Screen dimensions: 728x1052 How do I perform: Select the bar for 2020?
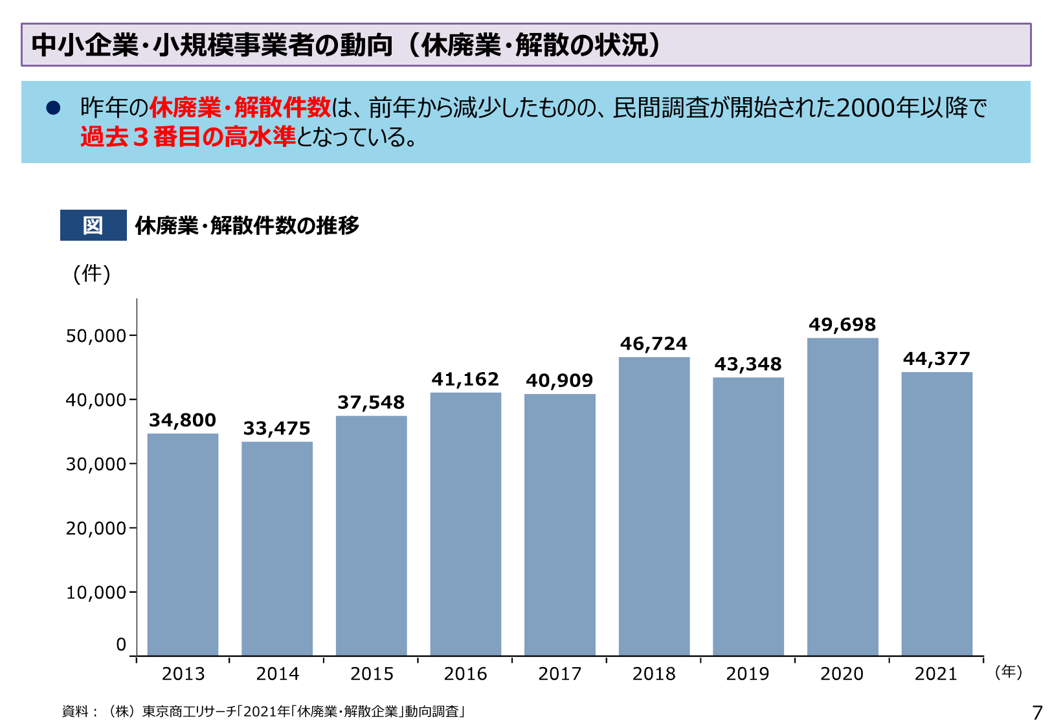click(x=842, y=497)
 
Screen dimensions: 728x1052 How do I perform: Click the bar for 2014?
click(x=277, y=549)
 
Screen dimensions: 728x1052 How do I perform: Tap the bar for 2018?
click(x=654, y=507)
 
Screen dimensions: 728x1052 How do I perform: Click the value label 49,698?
click(x=842, y=325)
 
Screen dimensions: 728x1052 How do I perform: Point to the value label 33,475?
click(x=277, y=428)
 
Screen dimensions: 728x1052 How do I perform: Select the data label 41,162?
click(x=465, y=379)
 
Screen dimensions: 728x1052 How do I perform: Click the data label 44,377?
click(x=937, y=358)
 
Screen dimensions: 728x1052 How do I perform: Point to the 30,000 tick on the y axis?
click(x=96, y=464)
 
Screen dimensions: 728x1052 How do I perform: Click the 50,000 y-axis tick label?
click(x=96, y=336)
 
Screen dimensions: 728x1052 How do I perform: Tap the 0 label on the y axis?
click(x=121, y=645)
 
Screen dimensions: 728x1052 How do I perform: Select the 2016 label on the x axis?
click(x=465, y=674)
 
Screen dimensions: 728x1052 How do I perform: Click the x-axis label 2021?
click(x=936, y=674)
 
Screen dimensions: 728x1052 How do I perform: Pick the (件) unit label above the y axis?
click(x=92, y=274)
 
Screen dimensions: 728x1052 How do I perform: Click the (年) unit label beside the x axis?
click(x=1009, y=672)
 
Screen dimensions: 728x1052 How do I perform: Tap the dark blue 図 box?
click(x=93, y=225)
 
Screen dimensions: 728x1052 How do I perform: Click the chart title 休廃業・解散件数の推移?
click(x=247, y=225)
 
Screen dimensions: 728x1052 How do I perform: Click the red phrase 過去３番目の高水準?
click(x=188, y=137)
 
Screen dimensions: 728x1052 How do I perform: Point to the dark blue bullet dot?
click(x=53, y=108)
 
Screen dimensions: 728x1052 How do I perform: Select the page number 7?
click(x=1037, y=712)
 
